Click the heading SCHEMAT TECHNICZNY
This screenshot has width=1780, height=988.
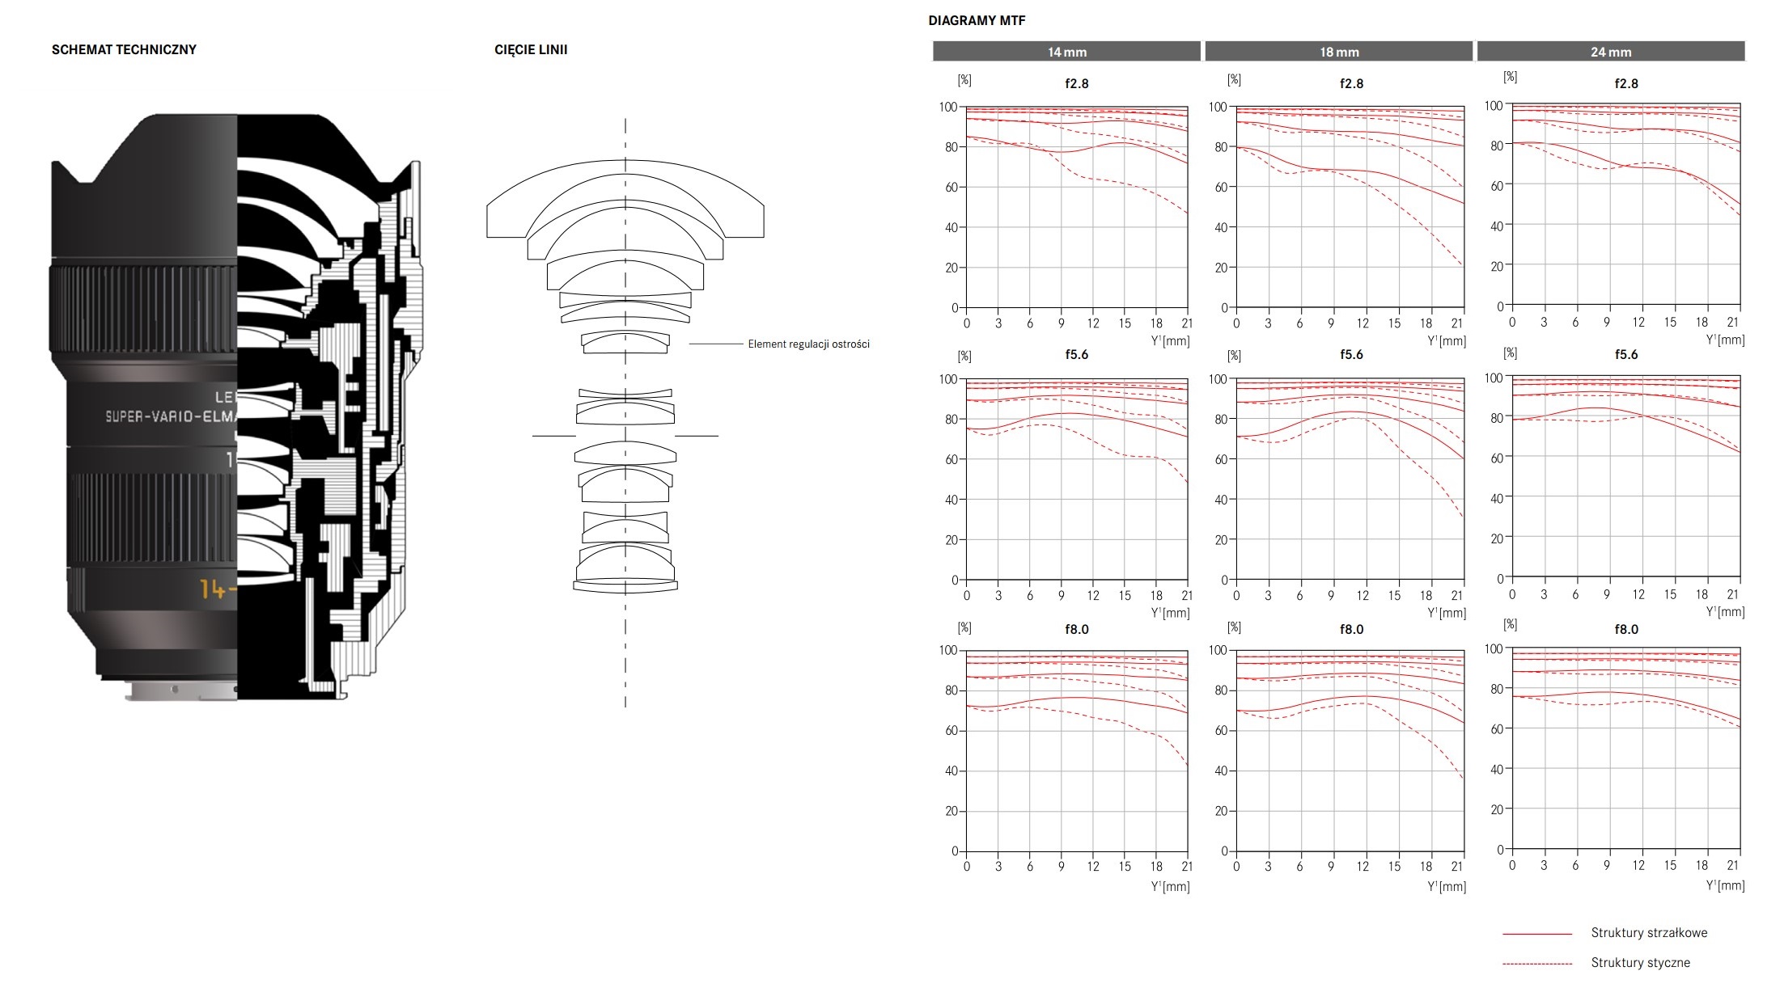(124, 49)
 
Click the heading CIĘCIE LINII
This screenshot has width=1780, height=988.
(531, 50)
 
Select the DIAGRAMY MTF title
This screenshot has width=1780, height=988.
(977, 21)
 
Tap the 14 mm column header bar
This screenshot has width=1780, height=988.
(1066, 52)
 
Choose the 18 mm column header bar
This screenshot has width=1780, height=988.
(1339, 52)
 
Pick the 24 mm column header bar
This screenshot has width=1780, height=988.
(1611, 52)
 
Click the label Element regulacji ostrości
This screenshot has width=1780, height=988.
(808, 344)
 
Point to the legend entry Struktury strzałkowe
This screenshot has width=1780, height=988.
(1649, 933)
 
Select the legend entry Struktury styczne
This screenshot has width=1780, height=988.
(1640, 963)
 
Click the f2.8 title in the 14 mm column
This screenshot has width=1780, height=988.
(1077, 83)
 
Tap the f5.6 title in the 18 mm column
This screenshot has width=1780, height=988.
(1351, 355)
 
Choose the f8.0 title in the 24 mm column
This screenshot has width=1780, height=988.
(1626, 630)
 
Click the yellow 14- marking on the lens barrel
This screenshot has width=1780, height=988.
(218, 589)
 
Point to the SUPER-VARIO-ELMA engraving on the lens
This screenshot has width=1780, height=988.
(171, 416)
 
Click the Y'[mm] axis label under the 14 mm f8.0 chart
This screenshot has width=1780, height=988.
(1170, 887)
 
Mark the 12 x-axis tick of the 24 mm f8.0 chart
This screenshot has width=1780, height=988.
(1638, 865)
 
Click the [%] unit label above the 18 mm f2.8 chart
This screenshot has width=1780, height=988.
(1234, 79)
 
